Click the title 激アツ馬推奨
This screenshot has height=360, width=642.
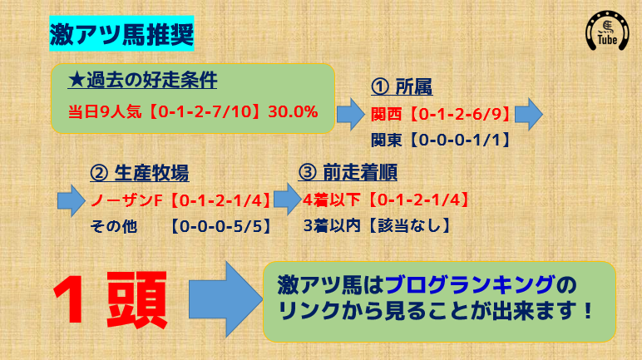tap(121, 33)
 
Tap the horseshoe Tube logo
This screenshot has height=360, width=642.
tap(607, 31)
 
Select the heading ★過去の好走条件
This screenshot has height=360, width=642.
tap(142, 81)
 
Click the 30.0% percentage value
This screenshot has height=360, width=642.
tap(294, 111)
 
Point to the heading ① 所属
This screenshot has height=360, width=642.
tap(402, 86)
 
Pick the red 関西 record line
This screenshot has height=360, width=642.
tap(441, 114)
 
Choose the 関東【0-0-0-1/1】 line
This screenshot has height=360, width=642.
tap(441, 140)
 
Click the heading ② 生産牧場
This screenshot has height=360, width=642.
tap(140, 173)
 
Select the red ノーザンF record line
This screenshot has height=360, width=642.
tap(180, 200)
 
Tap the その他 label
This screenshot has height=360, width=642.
tap(113, 226)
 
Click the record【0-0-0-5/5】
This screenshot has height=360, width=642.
tap(220, 226)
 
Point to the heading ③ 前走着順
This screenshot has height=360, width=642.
tap(348, 172)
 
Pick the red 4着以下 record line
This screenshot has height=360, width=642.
tap(386, 200)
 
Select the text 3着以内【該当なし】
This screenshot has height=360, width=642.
tap(377, 225)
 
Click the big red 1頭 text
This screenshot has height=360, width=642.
tap(111, 300)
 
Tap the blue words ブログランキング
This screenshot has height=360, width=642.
tap(470, 285)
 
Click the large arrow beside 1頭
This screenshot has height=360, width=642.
tap(225, 299)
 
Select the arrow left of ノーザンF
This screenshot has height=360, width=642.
tap(72, 200)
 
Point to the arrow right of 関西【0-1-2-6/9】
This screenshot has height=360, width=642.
tap(529, 114)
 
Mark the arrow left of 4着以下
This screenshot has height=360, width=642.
tap(288, 200)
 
